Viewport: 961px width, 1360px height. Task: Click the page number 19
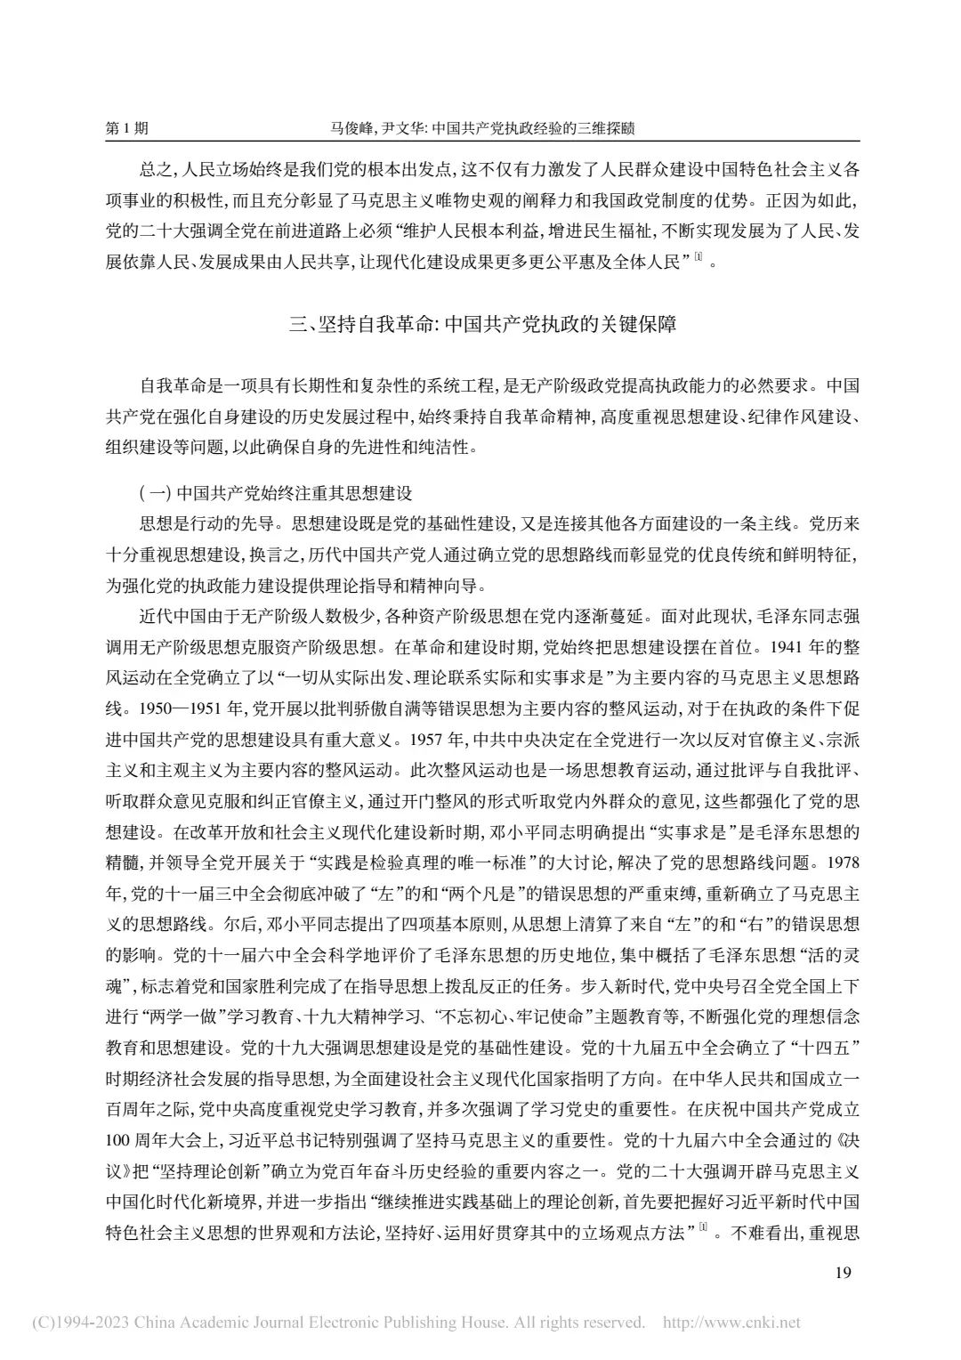[x=844, y=1272]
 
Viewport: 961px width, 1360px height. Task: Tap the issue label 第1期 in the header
[x=127, y=128]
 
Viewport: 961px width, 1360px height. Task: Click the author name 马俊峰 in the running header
[x=348, y=128]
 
